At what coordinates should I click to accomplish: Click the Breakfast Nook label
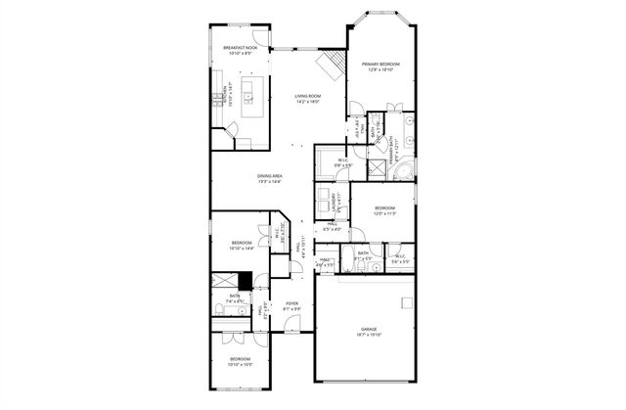point(240,49)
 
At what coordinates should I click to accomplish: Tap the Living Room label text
point(309,97)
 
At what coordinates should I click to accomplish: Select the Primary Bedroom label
point(380,67)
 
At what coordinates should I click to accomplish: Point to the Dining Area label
point(270,176)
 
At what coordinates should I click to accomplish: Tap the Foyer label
point(292,305)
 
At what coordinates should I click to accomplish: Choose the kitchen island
point(252,95)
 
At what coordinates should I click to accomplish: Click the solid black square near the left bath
point(246,279)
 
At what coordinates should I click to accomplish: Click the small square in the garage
point(404,301)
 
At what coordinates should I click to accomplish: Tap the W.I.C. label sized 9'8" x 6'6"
point(343,162)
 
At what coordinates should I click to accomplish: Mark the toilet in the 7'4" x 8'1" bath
point(220,310)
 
